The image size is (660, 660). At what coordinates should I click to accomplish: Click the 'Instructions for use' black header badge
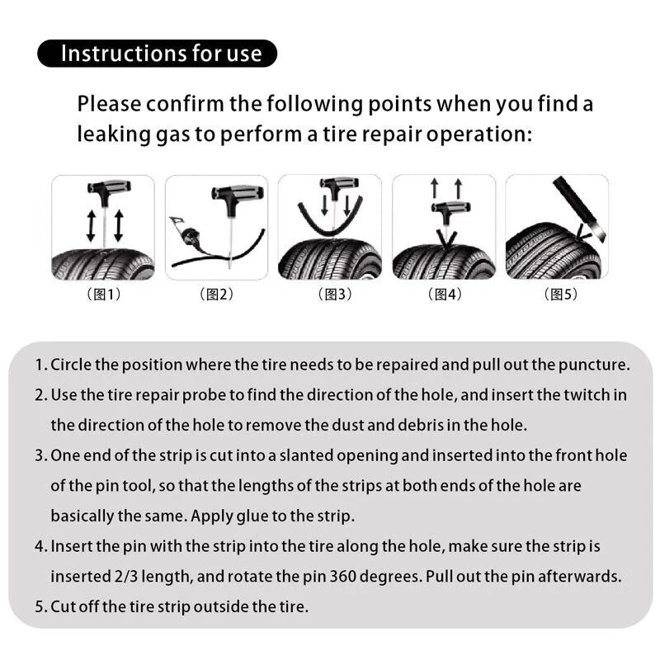[x=158, y=54]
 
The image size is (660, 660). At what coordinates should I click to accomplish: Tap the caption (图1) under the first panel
[x=104, y=295]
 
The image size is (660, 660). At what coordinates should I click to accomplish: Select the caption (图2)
[x=217, y=295]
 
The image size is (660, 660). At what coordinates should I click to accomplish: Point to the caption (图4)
[x=445, y=295]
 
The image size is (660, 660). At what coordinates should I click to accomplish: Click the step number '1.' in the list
[x=40, y=365]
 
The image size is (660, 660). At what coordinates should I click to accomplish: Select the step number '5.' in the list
[x=40, y=607]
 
